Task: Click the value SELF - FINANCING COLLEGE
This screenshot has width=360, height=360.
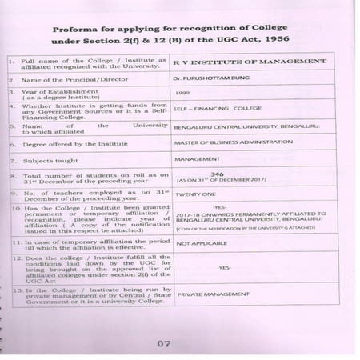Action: (x=213, y=110)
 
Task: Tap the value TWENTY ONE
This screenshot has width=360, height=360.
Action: (x=195, y=193)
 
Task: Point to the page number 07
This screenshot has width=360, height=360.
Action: (x=165, y=345)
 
